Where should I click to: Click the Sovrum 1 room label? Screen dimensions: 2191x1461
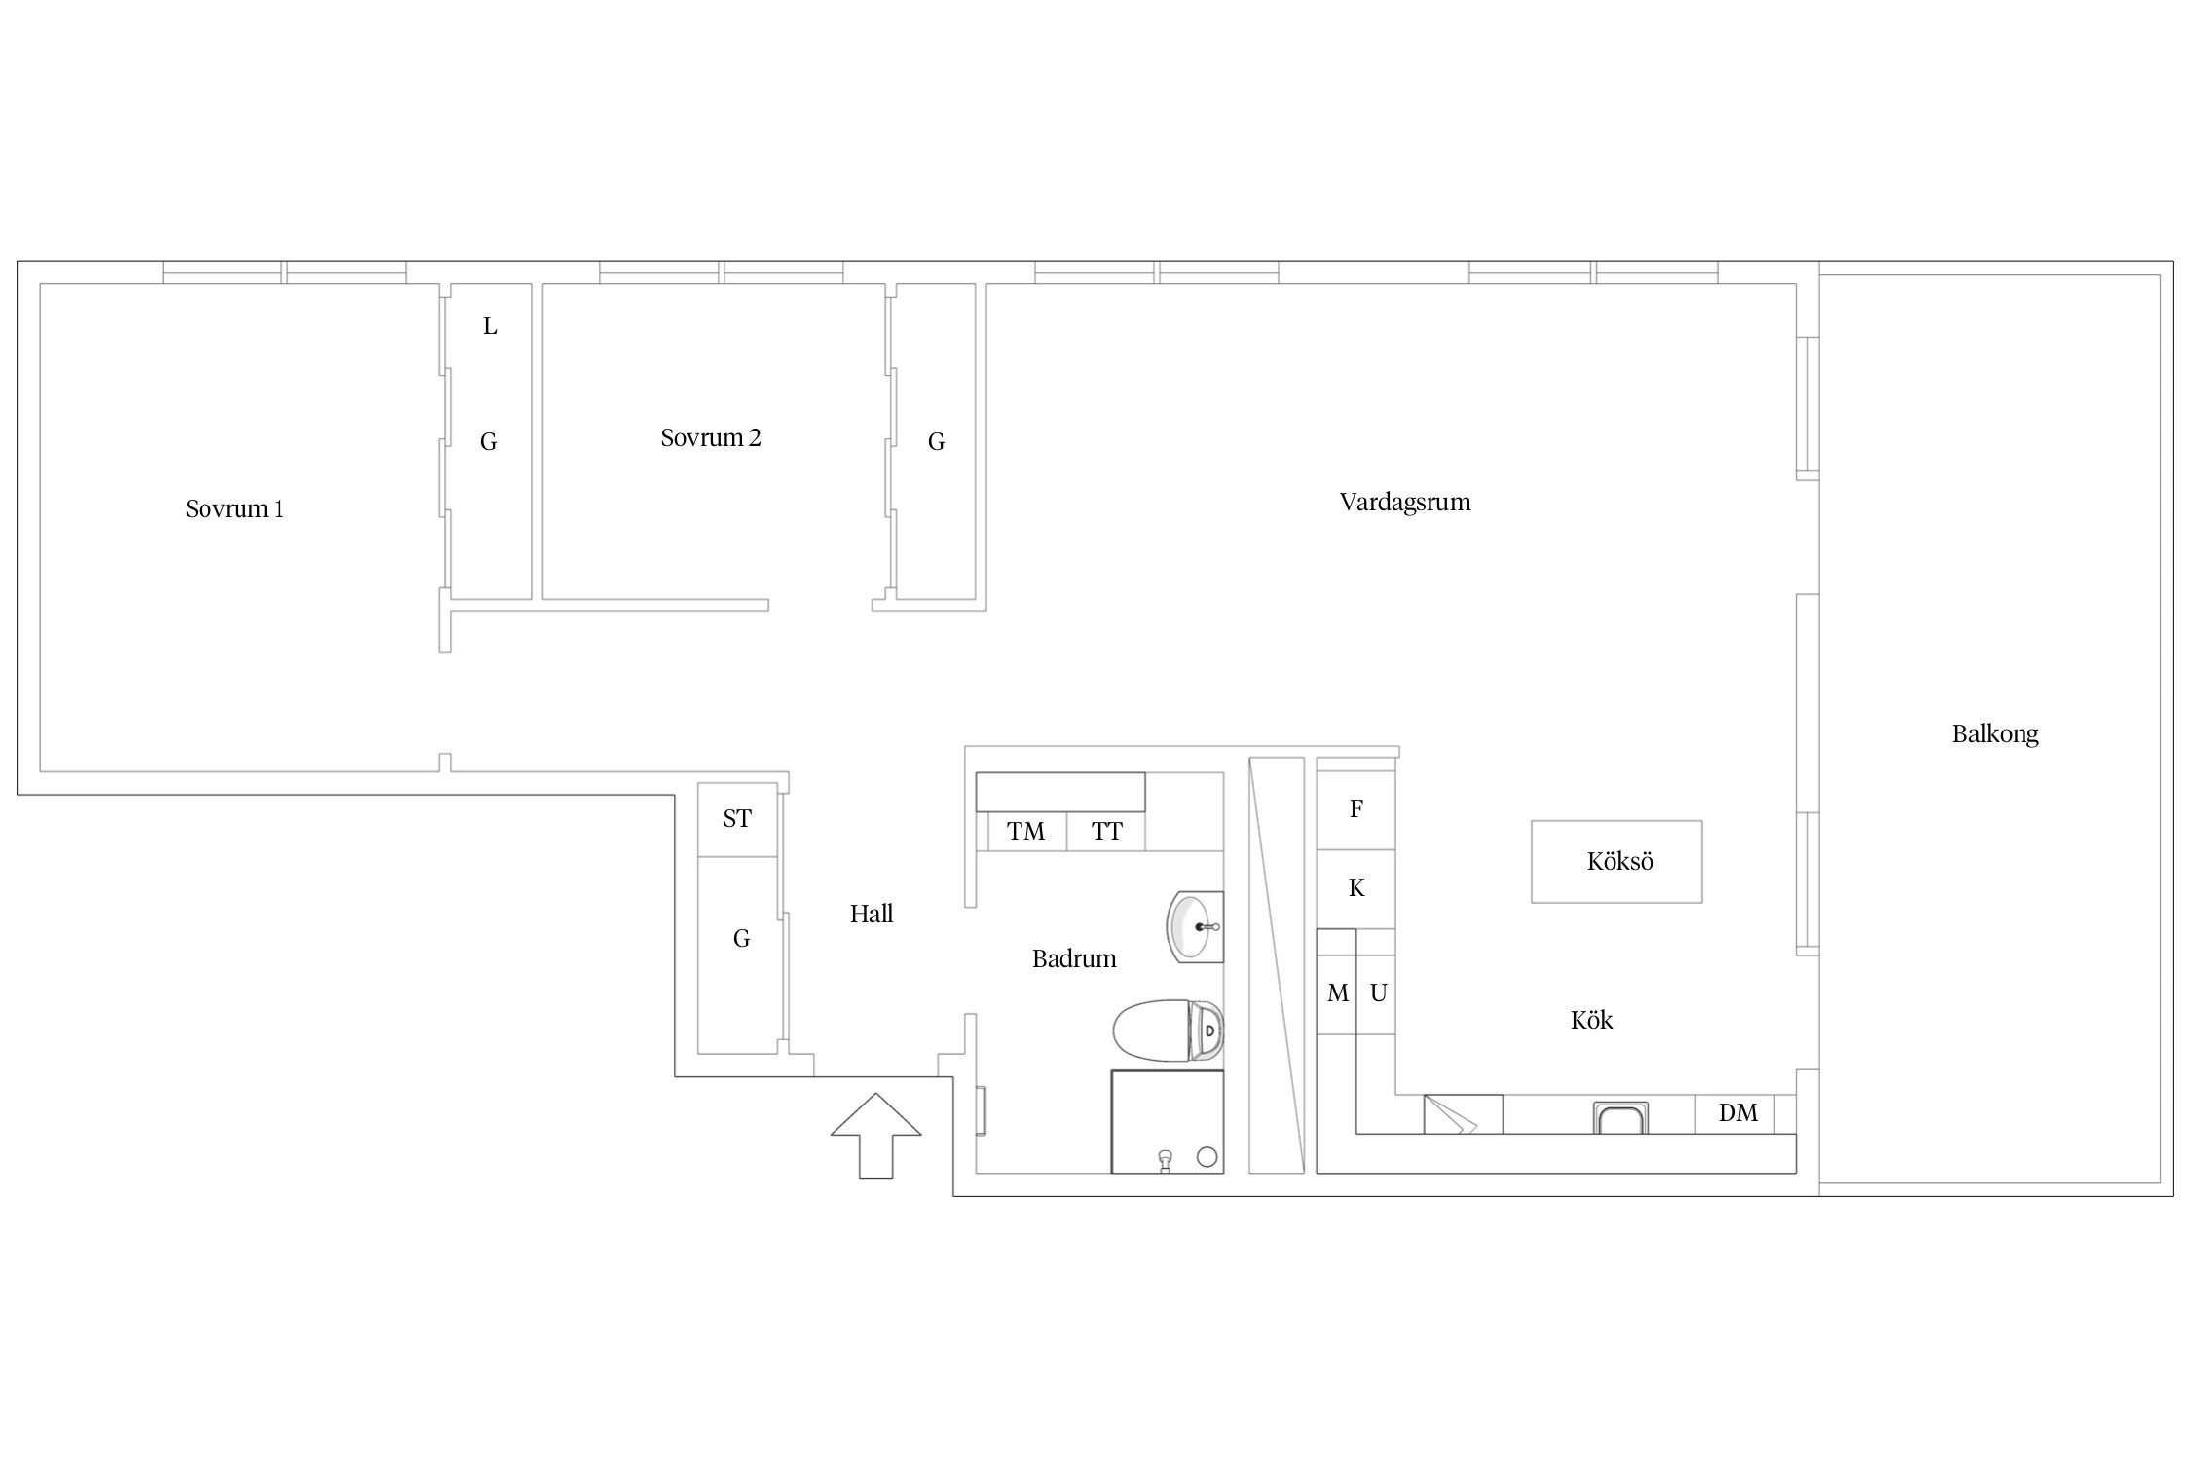point(235,508)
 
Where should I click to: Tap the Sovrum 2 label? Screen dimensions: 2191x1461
point(711,437)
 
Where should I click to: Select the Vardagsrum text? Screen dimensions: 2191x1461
point(1405,503)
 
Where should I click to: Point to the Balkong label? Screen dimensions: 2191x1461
point(1995,733)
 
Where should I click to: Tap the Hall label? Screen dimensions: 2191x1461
point(872,914)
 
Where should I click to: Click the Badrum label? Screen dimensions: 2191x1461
point(1074,958)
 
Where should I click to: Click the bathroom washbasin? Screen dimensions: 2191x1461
point(1195,927)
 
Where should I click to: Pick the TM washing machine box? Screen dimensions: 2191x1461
point(1026,832)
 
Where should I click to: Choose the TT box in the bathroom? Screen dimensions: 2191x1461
point(1106,832)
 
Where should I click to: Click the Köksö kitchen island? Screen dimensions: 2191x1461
point(1616,862)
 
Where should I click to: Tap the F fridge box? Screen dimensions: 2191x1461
point(1356,808)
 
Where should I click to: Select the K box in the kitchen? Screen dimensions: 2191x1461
point(1356,888)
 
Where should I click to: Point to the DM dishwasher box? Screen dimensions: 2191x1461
point(1737,1113)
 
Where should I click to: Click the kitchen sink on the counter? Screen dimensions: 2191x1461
point(1620,1117)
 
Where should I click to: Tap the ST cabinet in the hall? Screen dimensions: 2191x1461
point(737,819)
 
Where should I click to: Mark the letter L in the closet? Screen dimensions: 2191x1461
point(490,326)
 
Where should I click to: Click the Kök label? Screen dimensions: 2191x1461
point(1591,1020)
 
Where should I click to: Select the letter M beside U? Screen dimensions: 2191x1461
point(1338,993)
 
